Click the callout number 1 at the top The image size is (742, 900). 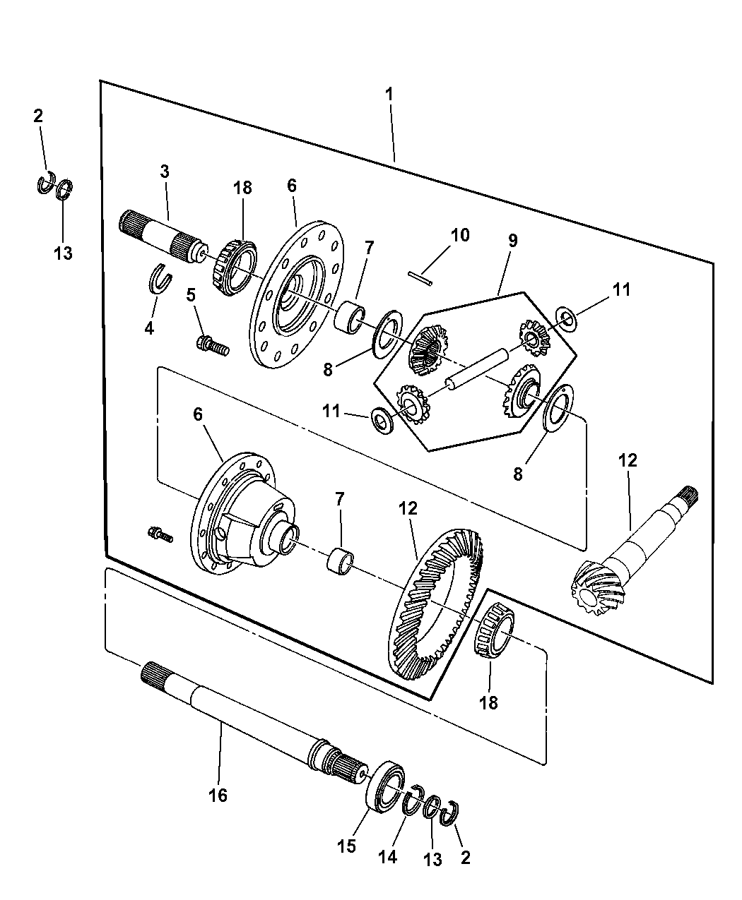coord(389,95)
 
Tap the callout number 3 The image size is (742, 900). coord(165,172)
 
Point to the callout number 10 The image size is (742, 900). coord(460,235)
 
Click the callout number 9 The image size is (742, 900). coord(512,241)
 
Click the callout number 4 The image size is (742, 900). coord(149,328)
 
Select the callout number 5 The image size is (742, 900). coord(191,295)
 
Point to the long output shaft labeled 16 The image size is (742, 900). coord(254,723)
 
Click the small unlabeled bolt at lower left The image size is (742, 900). coord(160,535)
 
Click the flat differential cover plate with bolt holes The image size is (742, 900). coord(297,293)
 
